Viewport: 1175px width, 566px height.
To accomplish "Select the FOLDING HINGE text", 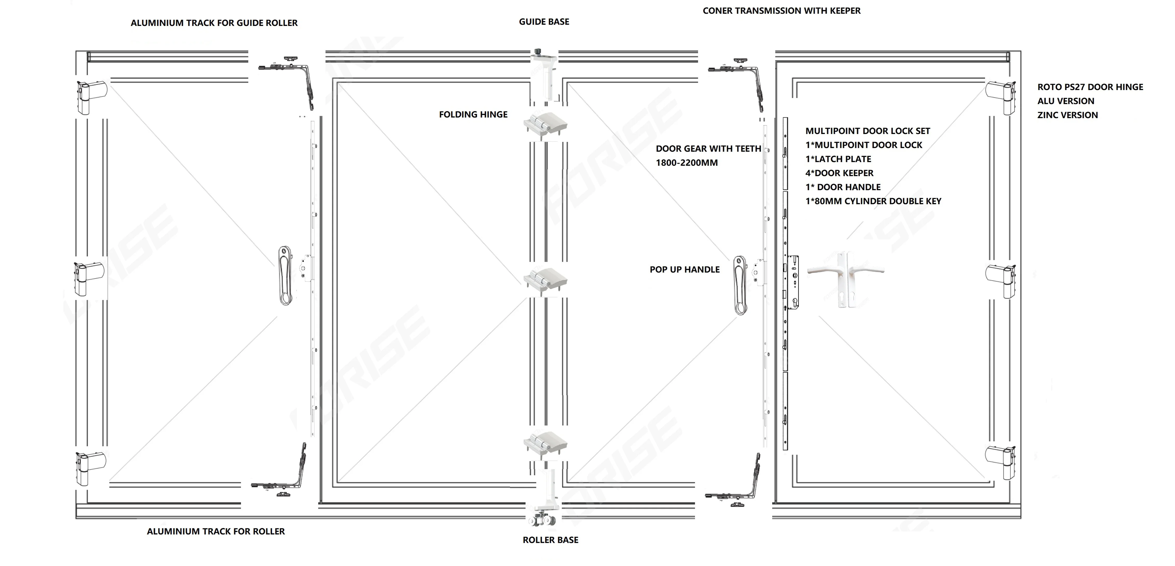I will click(x=473, y=114).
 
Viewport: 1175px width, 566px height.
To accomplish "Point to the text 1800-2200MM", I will click(x=686, y=163).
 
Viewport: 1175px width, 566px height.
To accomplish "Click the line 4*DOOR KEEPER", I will click(x=839, y=173).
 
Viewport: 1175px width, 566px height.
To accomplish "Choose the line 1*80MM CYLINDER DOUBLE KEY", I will click(x=873, y=201).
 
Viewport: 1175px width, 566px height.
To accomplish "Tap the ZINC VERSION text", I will click(x=1067, y=115).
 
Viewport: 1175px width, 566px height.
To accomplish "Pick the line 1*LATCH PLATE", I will click(x=838, y=159).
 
